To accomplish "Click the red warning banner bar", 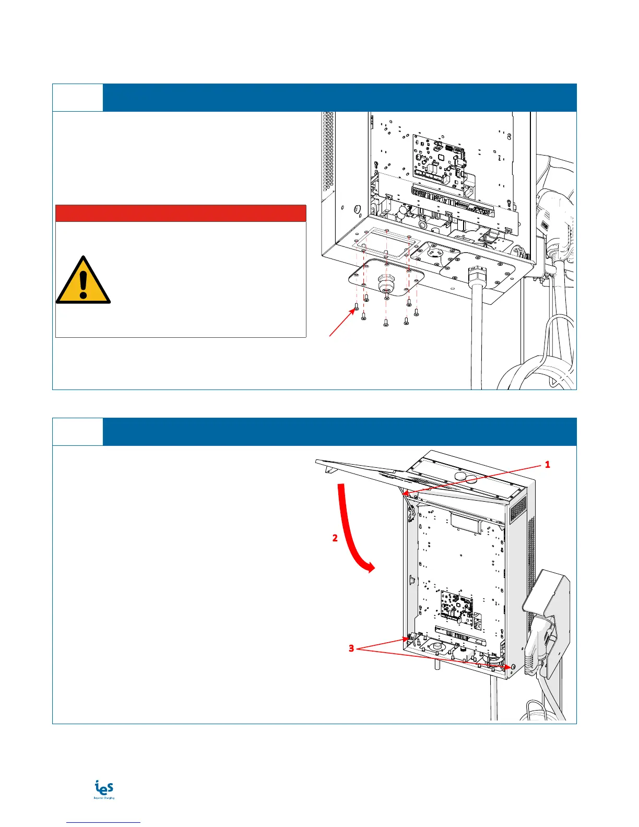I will coord(181,214).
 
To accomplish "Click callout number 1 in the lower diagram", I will coord(548,464).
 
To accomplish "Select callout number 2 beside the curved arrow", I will coord(335,538).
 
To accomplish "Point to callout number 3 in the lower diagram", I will coord(352,648).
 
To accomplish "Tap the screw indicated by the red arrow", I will coord(357,307).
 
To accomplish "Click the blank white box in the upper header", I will coord(78,98).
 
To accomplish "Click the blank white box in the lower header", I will coord(78,432).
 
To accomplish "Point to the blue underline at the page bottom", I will coord(104,823).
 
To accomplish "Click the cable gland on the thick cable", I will coord(476,275).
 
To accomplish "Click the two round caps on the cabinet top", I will coord(460,477).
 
